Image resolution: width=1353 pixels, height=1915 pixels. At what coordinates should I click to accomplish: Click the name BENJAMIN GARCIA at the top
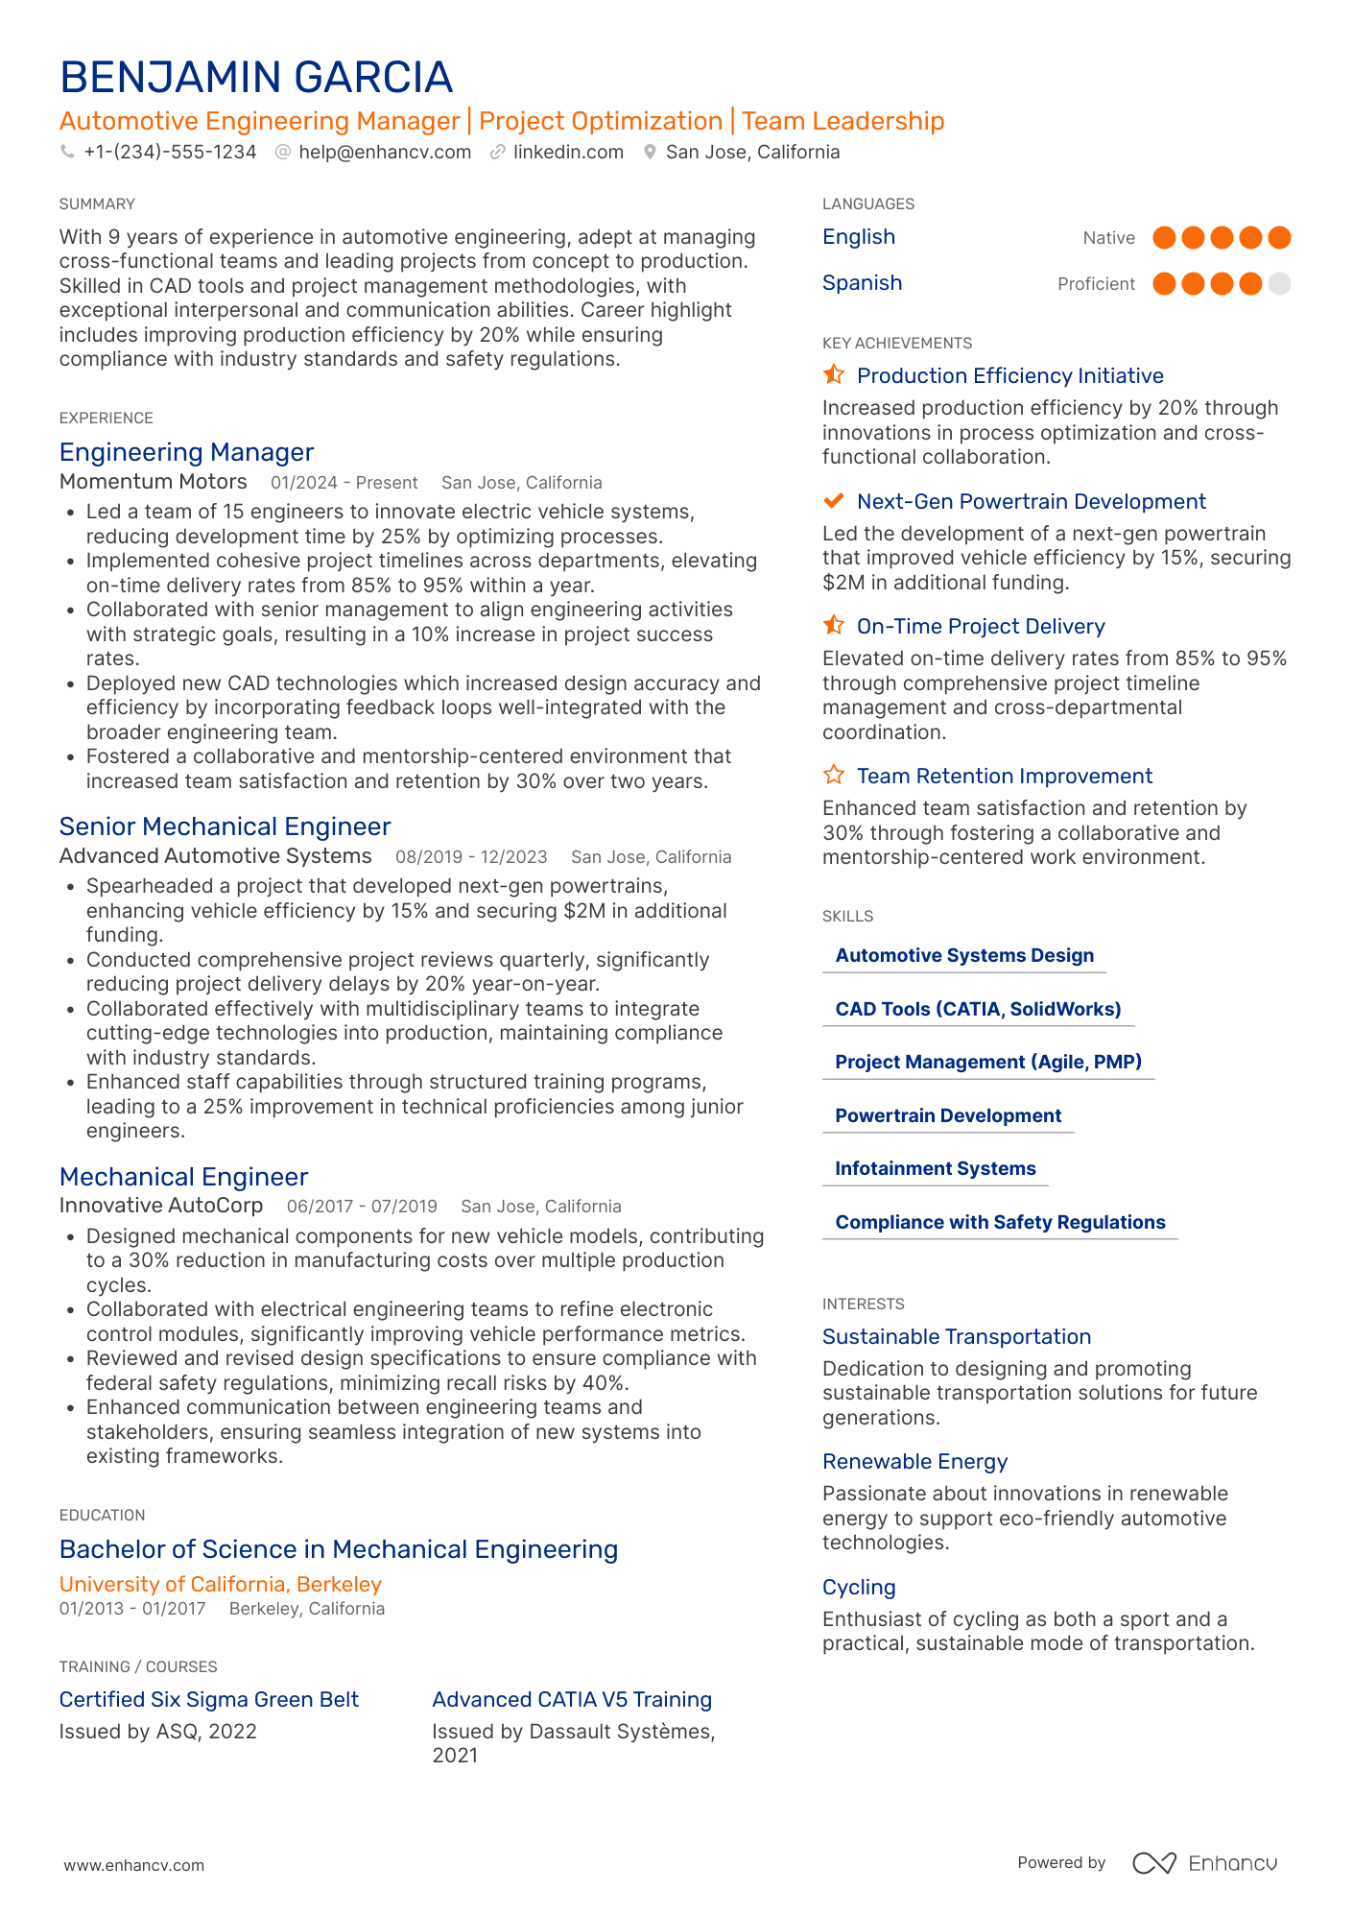coord(255,78)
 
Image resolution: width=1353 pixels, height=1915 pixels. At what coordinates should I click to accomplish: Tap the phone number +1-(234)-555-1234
coord(170,153)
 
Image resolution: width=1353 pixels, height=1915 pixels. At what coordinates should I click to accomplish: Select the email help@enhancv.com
coord(384,153)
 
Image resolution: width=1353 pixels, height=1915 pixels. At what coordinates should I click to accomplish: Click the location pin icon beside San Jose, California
coord(650,153)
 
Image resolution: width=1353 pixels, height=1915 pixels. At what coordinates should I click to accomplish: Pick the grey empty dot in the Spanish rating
coord(1278,284)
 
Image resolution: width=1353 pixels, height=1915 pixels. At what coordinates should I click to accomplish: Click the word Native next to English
coord(1108,238)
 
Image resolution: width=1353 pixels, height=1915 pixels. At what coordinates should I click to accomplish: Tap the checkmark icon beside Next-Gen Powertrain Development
coord(834,501)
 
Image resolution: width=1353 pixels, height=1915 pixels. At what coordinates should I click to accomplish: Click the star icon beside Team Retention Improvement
coord(834,775)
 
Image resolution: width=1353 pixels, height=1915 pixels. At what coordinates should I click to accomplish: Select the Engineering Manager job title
coord(186,452)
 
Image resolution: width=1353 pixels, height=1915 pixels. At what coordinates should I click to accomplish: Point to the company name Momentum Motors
coord(153,482)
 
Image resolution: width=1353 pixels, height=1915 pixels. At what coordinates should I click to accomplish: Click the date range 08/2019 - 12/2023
coord(471,857)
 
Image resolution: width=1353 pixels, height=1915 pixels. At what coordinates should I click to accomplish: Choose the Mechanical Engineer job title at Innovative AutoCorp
coord(183,1177)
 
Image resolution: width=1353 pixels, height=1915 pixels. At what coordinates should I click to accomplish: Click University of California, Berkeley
coord(220,1584)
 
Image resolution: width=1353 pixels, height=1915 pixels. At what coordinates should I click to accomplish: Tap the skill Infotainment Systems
coord(935,1169)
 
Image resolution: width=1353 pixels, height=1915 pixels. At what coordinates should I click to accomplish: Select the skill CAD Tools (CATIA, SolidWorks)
coord(978,1009)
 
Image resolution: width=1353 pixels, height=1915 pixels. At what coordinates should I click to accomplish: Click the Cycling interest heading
coord(858,1588)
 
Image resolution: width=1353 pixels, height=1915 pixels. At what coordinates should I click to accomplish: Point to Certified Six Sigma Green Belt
coord(208,1700)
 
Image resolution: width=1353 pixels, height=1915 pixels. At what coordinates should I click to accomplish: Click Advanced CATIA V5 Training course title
coord(571,1700)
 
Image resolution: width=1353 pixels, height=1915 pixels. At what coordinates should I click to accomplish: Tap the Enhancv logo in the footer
coord(1204,1863)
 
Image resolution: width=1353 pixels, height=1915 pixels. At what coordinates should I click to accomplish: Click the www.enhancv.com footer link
coord(133,1865)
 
